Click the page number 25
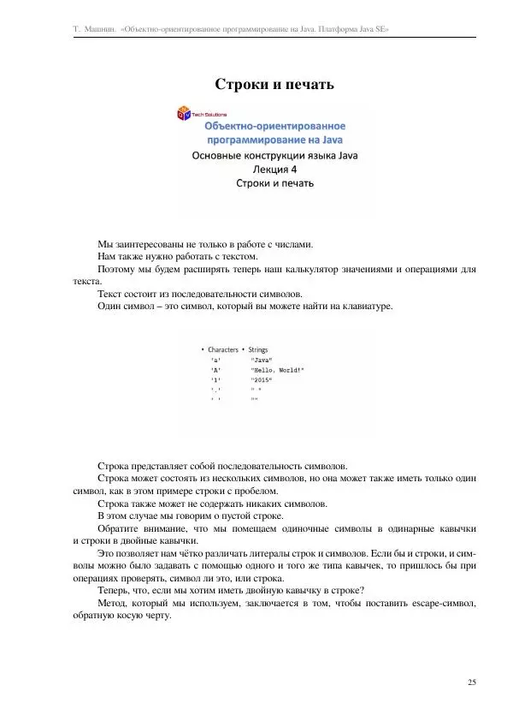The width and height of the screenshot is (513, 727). [472, 682]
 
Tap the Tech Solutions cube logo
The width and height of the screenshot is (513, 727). [184, 113]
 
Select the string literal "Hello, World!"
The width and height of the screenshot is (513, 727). [276, 371]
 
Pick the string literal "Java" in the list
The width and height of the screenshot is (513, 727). [262, 361]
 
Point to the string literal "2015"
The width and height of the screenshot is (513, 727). [262, 380]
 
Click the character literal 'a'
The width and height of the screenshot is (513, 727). [215, 361]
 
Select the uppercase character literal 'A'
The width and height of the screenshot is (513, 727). [215, 371]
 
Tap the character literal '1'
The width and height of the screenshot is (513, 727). [215, 380]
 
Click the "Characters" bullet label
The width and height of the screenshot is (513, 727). [223, 349]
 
